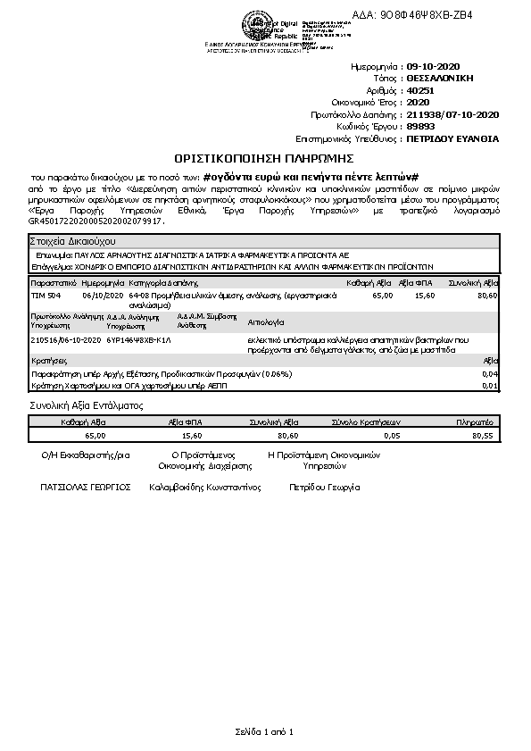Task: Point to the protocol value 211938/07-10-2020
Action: tap(452, 115)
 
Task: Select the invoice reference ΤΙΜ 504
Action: tap(46, 295)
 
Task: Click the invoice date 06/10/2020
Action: tap(100, 295)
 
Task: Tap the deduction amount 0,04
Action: tap(489, 374)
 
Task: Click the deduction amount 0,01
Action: tap(489, 386)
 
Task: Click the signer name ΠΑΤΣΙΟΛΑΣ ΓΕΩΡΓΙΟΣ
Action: tap(86, 488)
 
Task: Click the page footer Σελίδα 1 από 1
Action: tap(264, 732)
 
